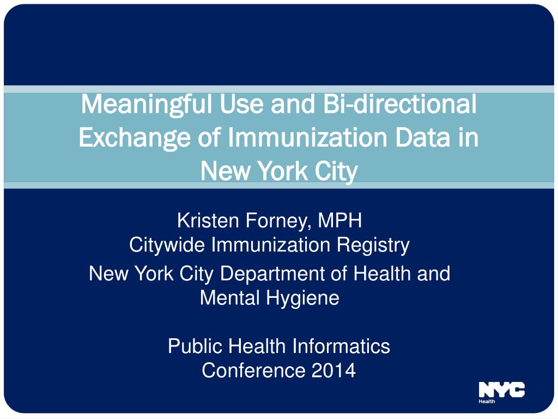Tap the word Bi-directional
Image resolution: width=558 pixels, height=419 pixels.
point(399,104)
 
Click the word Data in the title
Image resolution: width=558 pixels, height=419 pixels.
point(422,137)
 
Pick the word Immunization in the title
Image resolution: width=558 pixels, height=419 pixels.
point(308,137)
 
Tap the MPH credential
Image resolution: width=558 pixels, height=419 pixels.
point(339,220)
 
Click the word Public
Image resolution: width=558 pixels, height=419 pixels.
point(196,346)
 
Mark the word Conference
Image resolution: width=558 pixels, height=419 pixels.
point(254,370)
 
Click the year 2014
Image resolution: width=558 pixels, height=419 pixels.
point(334,370)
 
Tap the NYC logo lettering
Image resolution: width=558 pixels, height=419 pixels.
point(502,390)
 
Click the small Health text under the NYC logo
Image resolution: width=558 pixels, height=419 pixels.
point(487,402)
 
